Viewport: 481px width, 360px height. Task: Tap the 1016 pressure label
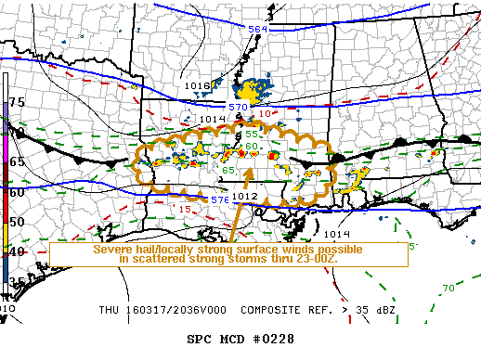tap(197, 86)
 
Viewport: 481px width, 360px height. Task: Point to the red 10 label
tap(265, 114)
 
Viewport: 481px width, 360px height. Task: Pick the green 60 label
tap(252, 147)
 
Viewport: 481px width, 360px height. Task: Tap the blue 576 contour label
tap(219, 199)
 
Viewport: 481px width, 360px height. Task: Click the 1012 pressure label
tap(244, 197)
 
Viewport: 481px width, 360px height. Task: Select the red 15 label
tap(185, 211)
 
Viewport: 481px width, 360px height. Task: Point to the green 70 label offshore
tap(448, 289)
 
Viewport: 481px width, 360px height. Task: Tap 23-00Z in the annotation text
tap(318, 261)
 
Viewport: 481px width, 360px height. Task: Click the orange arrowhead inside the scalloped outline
tap(249, 172)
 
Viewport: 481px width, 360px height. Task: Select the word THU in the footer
tap(110, 310)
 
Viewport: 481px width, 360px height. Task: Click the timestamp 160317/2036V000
tap(175, 310)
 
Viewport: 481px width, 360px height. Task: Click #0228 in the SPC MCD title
tap(270, 339)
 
